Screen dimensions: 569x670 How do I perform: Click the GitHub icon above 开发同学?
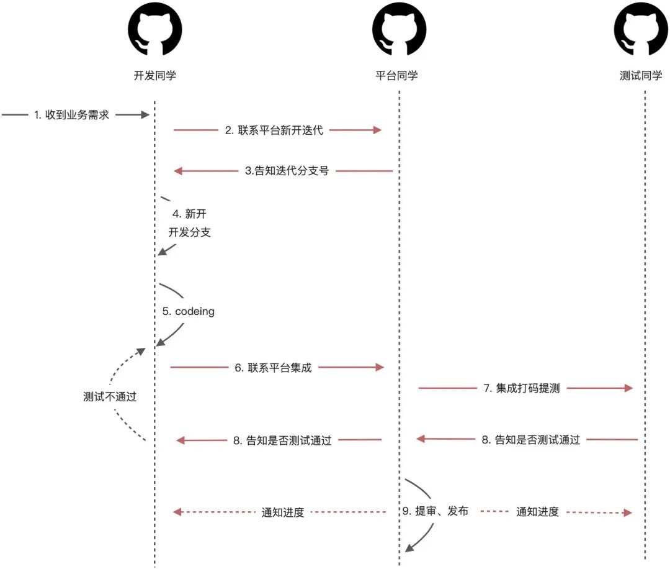click(x=154, y=30)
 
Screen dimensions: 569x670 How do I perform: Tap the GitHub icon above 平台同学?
click(x=398, y=30)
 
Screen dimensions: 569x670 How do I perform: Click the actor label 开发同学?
click(x=154, y=76)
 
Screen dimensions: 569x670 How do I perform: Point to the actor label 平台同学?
click(x=397, y=76)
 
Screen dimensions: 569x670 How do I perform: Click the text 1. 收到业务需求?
click(x=72, y=114)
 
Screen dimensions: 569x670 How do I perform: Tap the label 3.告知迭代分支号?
click(x=286, y=171)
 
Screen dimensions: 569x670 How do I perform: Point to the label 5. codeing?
click(x=188, y=311)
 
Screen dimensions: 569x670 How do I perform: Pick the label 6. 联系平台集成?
click(x=273, y=368)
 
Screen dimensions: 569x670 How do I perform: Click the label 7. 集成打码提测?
click(x=522, y=389)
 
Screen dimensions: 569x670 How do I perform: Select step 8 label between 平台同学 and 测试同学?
click(x=530, y=440)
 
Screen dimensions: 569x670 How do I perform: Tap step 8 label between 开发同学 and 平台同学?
click(x=282, y=440)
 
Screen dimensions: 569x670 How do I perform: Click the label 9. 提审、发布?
click(x=435, y=511)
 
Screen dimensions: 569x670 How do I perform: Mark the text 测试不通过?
click(x=110, y=398)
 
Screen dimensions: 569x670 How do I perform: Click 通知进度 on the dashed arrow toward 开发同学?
click(x=283, y=512)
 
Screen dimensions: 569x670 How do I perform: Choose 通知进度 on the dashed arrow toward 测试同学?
click(x=538, y=512)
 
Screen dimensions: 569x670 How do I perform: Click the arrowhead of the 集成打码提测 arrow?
click(x=628, y=388)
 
